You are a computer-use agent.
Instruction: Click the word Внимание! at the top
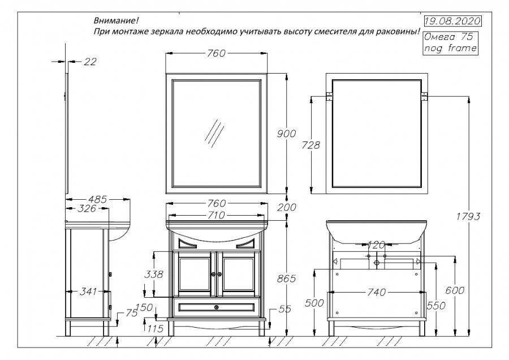(113, 20)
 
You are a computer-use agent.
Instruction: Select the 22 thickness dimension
(89, 62)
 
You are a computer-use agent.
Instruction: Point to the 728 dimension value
(311, 145)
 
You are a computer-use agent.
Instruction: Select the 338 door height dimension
(154, 275)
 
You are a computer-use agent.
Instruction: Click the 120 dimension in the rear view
(376, 245)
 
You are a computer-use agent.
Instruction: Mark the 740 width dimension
(376, 292)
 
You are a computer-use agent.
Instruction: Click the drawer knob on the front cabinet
(216, 307)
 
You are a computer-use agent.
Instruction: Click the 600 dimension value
(455, 290)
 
